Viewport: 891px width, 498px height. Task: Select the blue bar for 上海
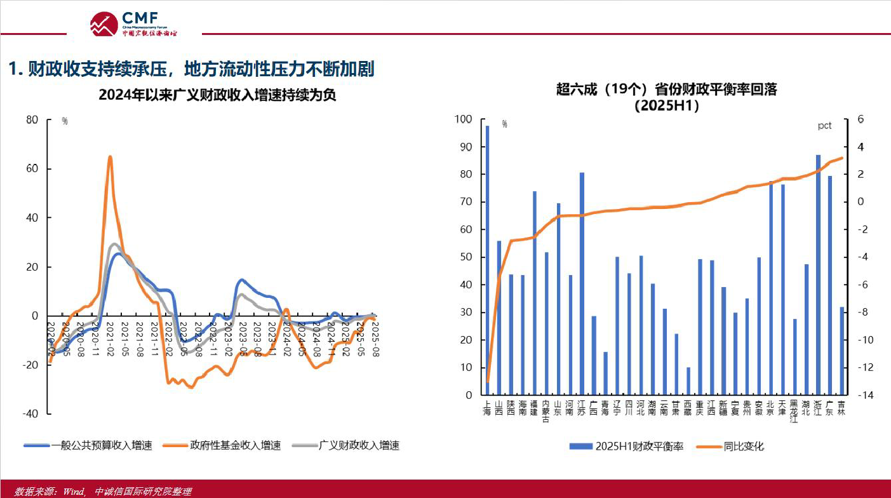(x=487, y=260)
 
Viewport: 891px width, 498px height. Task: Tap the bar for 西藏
(x=688, y=380)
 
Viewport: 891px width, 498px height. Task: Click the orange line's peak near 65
(x=110, y=156)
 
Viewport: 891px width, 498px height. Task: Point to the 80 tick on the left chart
(x=32, y=119)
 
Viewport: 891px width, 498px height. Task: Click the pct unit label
(x=824, y=126)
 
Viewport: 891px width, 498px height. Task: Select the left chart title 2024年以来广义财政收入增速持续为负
(x=217, y=95)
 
